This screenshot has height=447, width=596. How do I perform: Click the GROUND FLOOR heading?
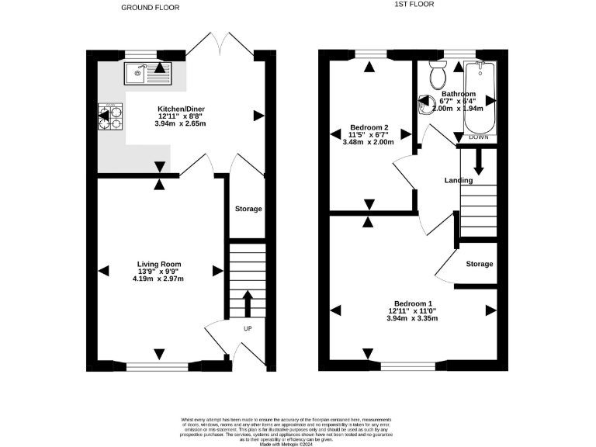tap(151, 8)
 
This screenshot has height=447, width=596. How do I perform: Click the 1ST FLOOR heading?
tap(414, 5)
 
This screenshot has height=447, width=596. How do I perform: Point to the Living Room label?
tap(159, 264)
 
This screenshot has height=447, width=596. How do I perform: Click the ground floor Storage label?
tap(248, 209)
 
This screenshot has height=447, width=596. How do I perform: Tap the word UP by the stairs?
tap(248, 327)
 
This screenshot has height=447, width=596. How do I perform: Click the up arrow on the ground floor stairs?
tap(248, 303)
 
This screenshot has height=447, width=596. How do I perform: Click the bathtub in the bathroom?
tap(479, 99)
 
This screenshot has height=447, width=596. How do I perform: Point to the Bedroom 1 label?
tap(414, 303)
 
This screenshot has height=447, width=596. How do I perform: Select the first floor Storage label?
tap(479, 264)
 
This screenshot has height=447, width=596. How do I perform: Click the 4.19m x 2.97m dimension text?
tap(159, 279)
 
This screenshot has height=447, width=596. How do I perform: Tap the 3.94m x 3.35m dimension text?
tap(414, 318)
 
